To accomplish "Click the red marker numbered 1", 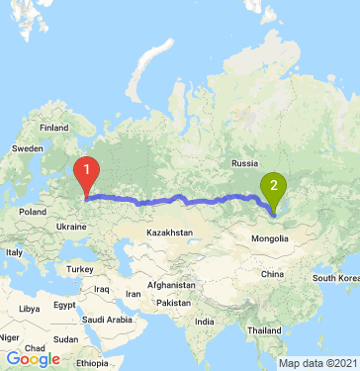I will click(x=88, y=174).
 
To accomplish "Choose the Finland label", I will click(x=52, y=129).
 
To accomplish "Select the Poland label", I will click(x=33, y=211).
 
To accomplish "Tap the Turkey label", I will click(x=78, y=268).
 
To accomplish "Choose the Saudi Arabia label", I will click(x=107, y=320).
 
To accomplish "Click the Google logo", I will click(x=33, y=359).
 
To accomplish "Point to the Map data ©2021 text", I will click(x=317, y=363).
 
